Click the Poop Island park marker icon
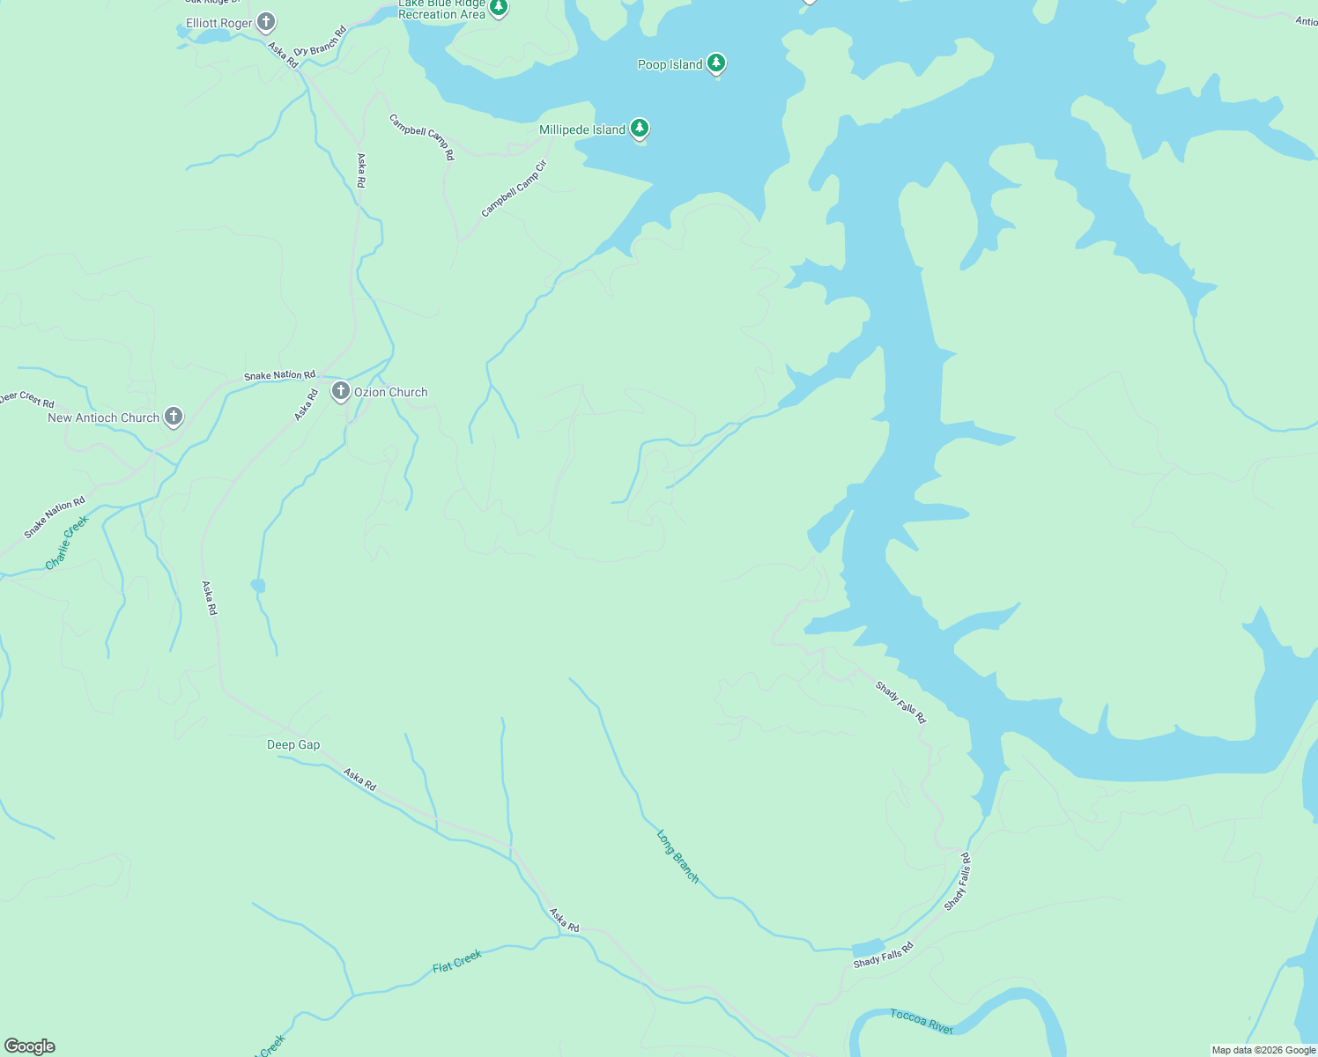[717, 63]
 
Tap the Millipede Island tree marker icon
[640, 129]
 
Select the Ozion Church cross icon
[341, 390]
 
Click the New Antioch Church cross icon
[174, 416]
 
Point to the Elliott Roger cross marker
[266, 22]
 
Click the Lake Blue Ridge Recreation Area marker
[499, 8]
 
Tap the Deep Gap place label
[293, 744]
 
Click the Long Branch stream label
[678, 855]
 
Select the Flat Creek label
[457, 961]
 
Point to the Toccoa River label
[921, 1021]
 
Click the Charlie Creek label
[68, 542]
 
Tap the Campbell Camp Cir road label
[514, 188]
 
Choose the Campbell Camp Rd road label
[423, 137]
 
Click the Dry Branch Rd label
[320, 41]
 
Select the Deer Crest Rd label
[26, 399]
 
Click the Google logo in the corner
[29, 1046]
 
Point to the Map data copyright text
[1263, 1050]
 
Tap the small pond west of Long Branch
[257, 586]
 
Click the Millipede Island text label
[581, 129]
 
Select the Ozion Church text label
[390, 392]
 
